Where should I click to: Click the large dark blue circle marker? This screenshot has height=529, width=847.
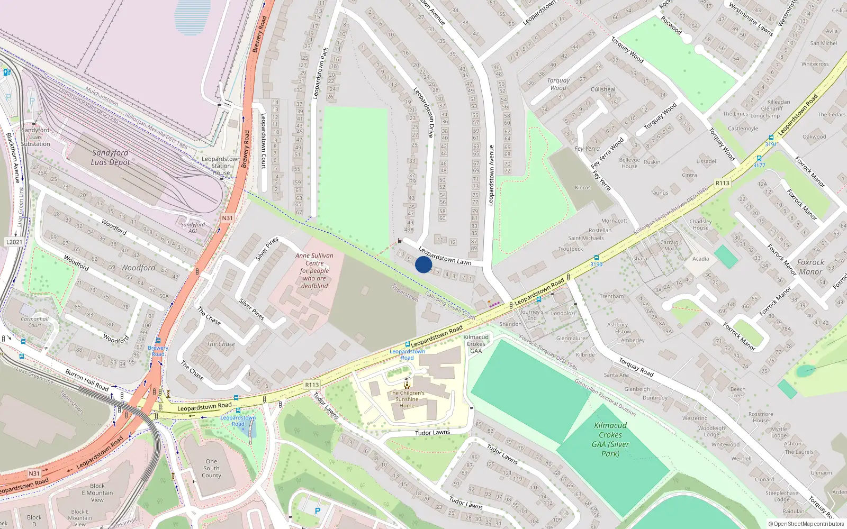(x=424, y=264)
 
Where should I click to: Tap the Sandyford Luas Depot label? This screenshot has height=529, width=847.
(x=110, y=158)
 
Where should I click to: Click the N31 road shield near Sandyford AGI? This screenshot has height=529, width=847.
(x=227, y=218)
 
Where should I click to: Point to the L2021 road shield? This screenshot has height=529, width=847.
(x=14, y=242)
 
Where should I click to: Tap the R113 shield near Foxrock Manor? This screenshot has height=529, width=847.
(x=723, y=183)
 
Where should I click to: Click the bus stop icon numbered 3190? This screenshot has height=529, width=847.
(x=597, y=258)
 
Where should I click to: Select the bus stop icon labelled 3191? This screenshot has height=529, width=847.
(x=771, y=138)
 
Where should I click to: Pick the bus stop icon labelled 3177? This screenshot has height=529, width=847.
(x=760, y=158)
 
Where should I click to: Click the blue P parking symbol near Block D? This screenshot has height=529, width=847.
(x=318, y=511)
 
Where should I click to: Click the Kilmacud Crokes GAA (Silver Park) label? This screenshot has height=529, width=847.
(x=610, y=439)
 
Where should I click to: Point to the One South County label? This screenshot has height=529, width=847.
(x=211, y=468)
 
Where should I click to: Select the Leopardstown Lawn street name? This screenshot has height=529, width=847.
(x=445, y=256)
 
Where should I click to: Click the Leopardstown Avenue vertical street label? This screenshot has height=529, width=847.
(x=491, y=175)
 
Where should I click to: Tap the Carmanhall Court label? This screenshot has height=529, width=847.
(x=35, y=322)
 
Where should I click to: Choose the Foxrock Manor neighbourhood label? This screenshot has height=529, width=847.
(x=810, y=267)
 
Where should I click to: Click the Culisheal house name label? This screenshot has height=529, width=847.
(x=603, y=89)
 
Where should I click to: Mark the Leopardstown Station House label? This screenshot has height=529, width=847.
(x=221, y=166)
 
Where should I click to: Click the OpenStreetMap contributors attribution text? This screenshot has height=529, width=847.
(x=806, y=524)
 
